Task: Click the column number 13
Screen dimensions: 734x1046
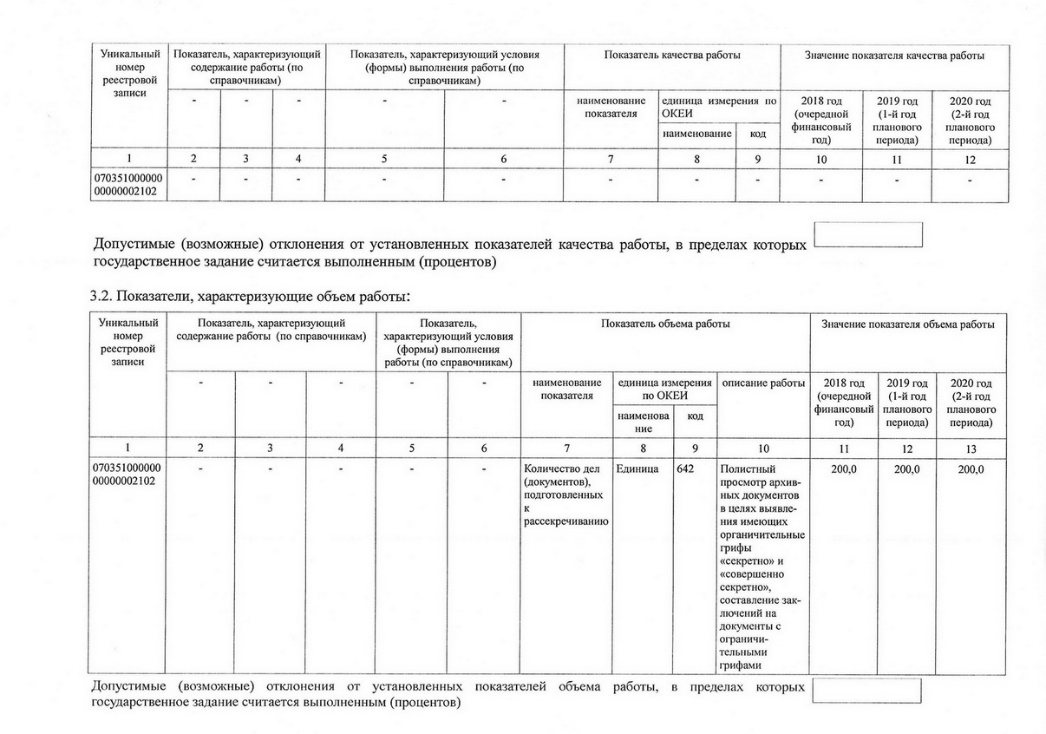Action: (x=971, y=449)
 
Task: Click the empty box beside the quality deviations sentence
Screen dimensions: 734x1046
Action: (x=869, y=234)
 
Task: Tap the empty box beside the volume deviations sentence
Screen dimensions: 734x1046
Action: (x=866, y=691)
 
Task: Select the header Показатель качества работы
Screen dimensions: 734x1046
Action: (x=672, y=56)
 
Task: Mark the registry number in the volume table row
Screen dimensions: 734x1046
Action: (x=128, y=475)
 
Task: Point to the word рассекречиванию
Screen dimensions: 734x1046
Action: (x=563, y=521)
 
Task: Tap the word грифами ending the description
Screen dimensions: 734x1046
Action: (x=740, y=666)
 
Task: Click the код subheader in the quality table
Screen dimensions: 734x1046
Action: (x=758, y=134)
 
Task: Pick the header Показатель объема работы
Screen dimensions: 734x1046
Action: (x=665, y=324)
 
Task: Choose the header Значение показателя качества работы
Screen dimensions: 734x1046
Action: (x=894, y=56)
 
